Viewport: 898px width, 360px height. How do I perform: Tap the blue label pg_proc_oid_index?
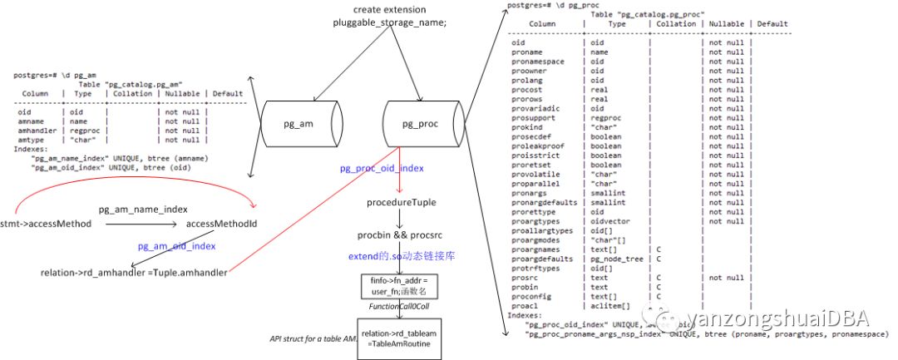(x=382, y=168)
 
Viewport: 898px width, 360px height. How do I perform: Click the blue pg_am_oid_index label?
(x=177, y=246)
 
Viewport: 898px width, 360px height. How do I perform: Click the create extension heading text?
(x=389, y=10)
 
